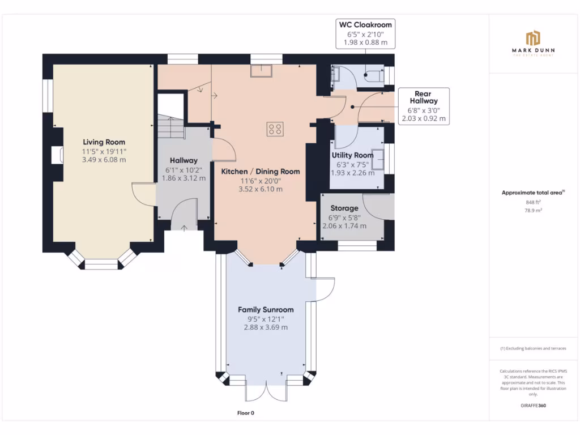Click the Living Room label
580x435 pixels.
tap(104, 142)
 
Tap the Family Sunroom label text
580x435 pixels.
tap(266, 310)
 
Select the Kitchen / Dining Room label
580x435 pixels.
tap(260, 172)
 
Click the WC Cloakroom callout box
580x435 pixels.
tap(365, 34)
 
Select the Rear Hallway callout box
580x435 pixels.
tap(423, 106)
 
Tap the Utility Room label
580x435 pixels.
tap(352, 155)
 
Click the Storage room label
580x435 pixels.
tap(344, 208)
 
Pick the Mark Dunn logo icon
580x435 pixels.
tap(532, 39)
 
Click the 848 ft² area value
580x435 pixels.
tap(532, 202)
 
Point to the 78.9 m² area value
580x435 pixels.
tap(532, 210)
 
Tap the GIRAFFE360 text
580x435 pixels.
tap(532, 406)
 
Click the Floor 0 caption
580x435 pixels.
tap(245, 413)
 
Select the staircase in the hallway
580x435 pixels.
tap(170, 126)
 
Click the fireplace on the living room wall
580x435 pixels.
tap(57, 155)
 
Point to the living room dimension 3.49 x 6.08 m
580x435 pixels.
tap(104, 160)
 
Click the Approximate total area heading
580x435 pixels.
tap(532, 193)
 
